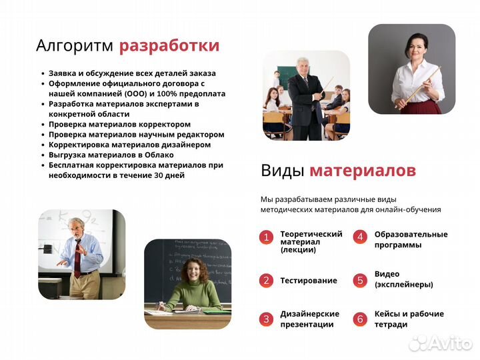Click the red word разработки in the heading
pos(169,46)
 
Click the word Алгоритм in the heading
pos(75,46)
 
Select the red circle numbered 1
pos(266,237)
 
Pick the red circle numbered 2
pos(266,281)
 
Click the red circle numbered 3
pos(266,319)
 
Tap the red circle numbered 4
pos(360,237)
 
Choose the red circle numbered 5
pos(360,281)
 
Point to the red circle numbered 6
pos(360,319)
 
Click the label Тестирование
pos(309,281)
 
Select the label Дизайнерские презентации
pos(309,319)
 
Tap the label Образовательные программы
pos(411,239)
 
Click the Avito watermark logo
pos(439,343)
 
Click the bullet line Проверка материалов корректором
pos(119,124)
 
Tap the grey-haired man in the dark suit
pos(306,97)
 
